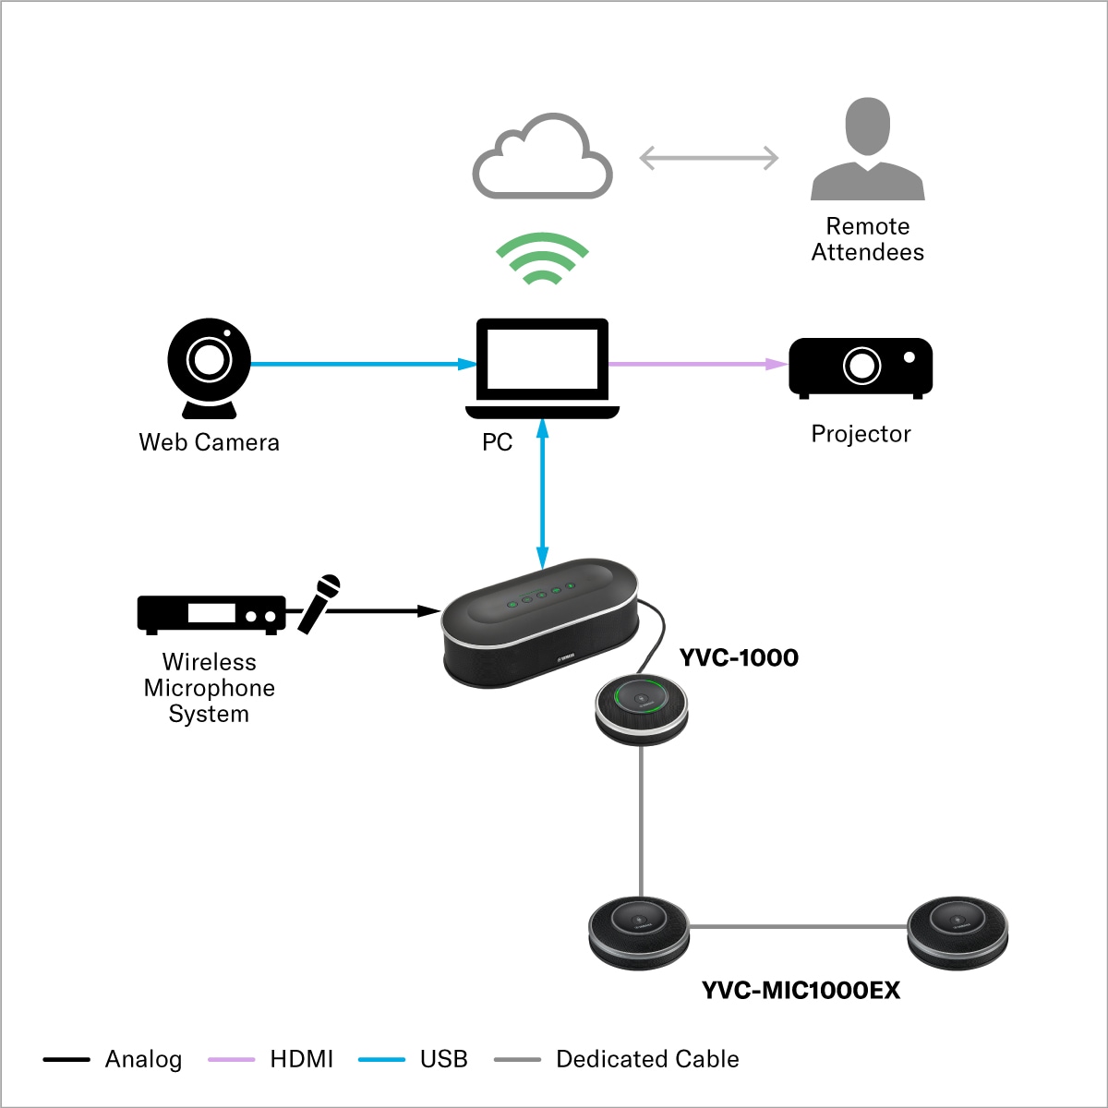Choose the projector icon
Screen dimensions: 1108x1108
point(861,367)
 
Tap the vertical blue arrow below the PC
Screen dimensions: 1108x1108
point(543,493)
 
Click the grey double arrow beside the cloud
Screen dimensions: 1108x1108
point(709,158)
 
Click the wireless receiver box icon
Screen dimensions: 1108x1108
point(211,614)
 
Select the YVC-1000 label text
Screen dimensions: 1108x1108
point(739,657)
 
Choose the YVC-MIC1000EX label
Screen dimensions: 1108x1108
point(801,990)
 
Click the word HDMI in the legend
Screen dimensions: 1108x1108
point(301,1059)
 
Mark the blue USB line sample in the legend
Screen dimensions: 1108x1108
point(381,1059)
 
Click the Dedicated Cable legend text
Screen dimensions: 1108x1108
point(647,1059)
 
